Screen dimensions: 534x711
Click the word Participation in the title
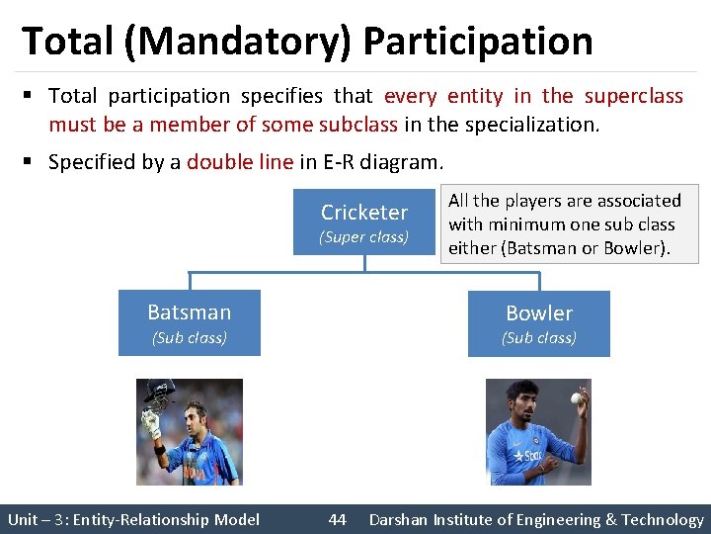(478, 42)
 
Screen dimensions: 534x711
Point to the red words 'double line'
(240, 162)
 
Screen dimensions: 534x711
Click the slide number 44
(338, 519)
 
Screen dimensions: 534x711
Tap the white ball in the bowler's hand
(576, 398)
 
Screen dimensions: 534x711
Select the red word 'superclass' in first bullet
(633, 96)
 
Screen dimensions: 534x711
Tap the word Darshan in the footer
(400, 519)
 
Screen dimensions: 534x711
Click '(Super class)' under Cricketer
(363, 237)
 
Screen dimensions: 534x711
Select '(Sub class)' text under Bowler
(539, 337)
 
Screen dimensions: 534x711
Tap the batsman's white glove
(151, 423)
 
